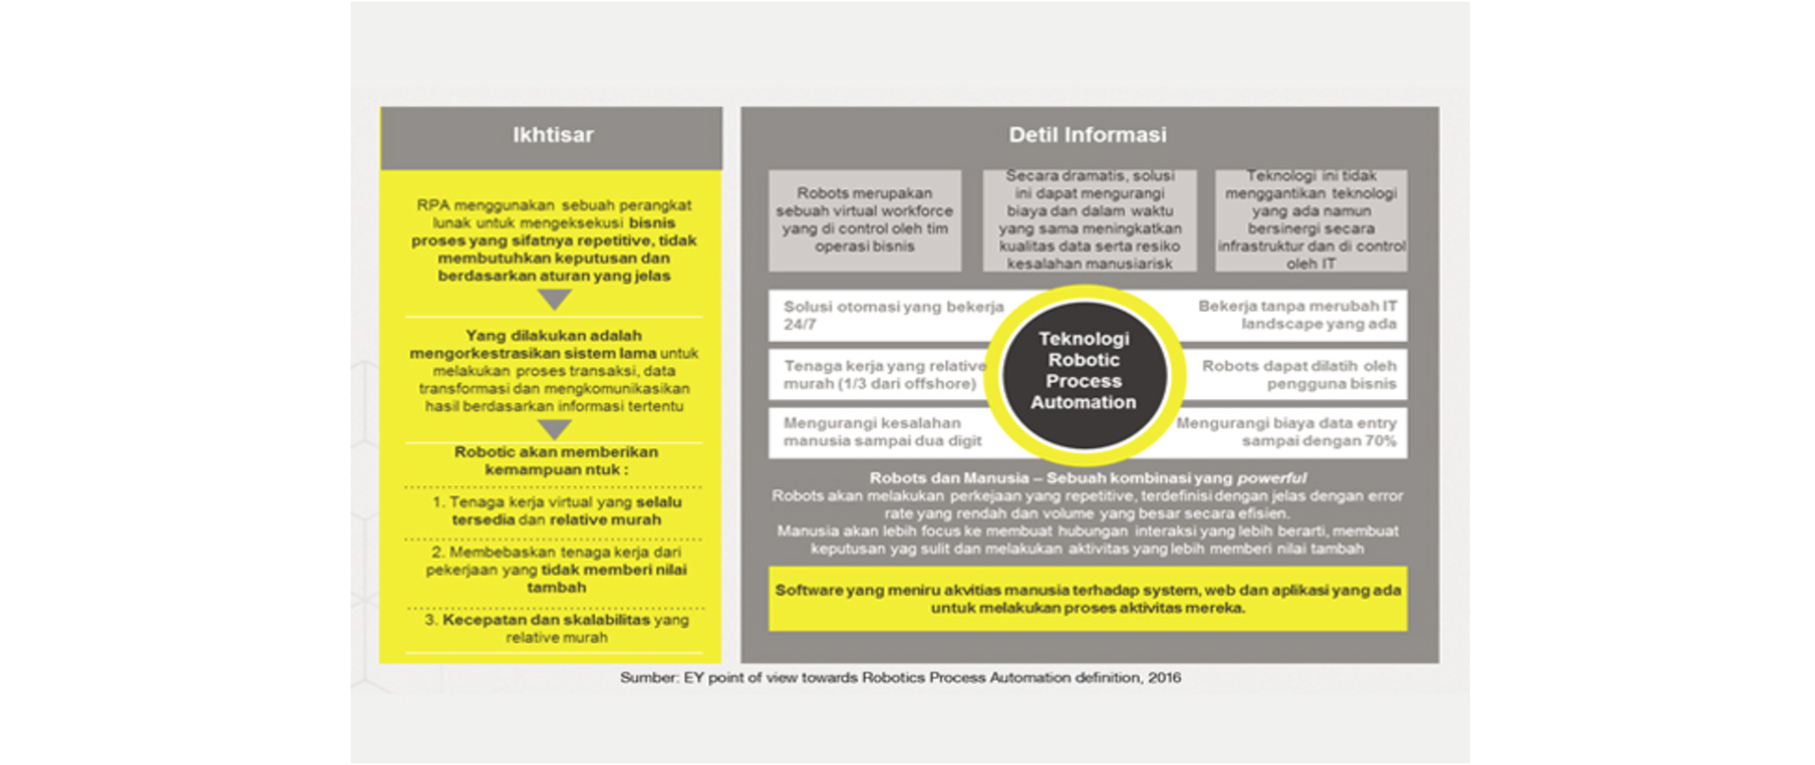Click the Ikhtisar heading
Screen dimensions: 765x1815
[x=553, y=135]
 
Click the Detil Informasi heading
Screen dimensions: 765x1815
[x=1087, y=135]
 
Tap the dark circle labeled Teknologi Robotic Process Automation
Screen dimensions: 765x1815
[x=1083, y=371]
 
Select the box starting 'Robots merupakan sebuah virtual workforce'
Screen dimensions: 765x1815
[x=864, y=220]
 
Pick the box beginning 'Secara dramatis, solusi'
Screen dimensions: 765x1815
[x=1089, y=220]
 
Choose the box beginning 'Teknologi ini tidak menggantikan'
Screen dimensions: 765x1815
[x=1310, y=220]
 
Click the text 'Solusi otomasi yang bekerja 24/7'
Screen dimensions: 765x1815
[x=892, y=315]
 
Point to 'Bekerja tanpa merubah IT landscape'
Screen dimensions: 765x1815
[x=1297, y=315]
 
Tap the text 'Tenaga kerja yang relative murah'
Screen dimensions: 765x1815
[x=883, y=374]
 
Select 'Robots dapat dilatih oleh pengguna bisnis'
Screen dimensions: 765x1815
[x=1299, y=374]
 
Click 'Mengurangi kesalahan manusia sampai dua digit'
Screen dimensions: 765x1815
[x=881, y=432]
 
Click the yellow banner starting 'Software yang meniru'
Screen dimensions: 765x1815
[x=1087, y=599]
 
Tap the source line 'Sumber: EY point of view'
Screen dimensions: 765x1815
[x=900, y=678]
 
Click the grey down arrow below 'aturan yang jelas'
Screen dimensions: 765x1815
[x=555, y=300]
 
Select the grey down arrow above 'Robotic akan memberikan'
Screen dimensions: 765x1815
[x=555, y=429]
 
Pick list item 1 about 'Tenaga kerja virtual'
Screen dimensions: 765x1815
[x=557, y=511]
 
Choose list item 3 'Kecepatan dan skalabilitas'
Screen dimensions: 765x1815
[x=557, y=629]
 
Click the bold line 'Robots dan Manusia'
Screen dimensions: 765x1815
[x=1087, y=478]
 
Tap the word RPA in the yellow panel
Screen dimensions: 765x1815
[x=432, y=205]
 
